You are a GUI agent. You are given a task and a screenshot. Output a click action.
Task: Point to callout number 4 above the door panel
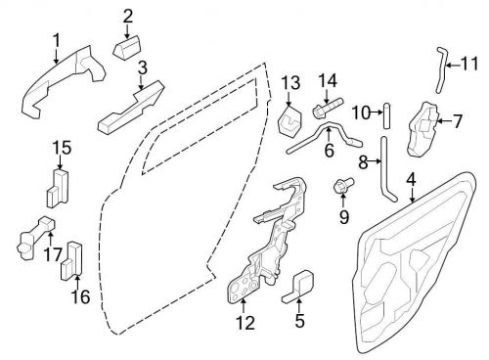pyautogui.click(x=411, y=179)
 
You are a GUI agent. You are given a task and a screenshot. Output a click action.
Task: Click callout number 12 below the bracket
pyautogui.click(x=246, y=321)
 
